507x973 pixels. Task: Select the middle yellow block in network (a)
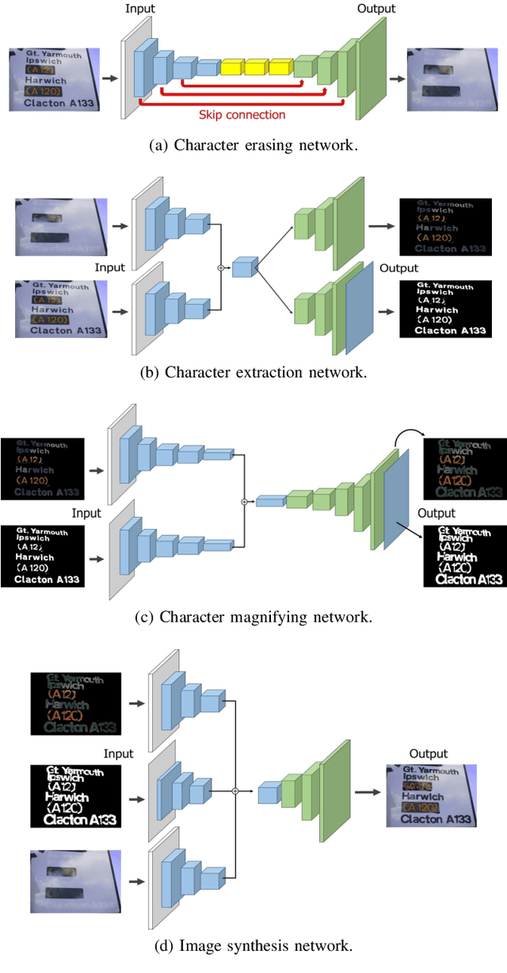coord(256,67)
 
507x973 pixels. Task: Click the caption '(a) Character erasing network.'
coord(253,145)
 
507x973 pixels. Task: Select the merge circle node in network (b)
coord(222,268)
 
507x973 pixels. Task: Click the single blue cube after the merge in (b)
coord(244,268)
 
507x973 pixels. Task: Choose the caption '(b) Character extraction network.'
coord(253,372)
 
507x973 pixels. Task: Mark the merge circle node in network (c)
coord(244,501)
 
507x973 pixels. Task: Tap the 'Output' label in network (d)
coord(429,753)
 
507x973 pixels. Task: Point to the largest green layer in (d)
coord(335,791)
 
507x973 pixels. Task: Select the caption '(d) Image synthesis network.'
coord(253,944)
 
